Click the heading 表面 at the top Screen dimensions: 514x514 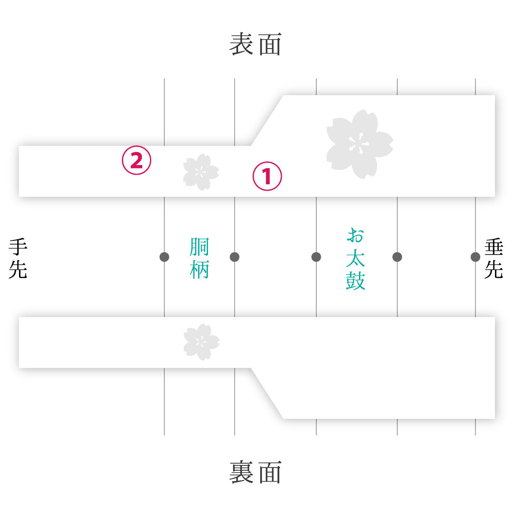tap(255, 44)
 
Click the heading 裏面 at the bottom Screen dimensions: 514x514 tap(255, 472)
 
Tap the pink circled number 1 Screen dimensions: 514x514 tap(267, 176)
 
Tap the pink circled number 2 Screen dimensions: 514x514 tap(137, 160)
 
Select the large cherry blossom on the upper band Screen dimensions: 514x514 tap(359, 144)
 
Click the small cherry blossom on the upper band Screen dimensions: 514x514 tap(201, 172)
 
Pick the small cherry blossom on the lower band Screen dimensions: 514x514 tap(201, 342)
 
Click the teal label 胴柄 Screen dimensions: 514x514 tap(199, 258)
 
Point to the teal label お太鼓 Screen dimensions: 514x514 tap(356, 258)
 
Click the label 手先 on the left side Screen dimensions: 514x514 tap(18, 258)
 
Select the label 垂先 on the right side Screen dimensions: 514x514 tap(494, 258)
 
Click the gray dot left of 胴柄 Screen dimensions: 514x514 tap(164, 257)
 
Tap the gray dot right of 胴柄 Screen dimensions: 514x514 tap(235, 257)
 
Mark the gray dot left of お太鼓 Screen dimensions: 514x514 tap(316, 257)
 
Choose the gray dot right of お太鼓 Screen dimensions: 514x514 tap(397, 257)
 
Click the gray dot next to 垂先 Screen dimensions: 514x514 tap(475, 257)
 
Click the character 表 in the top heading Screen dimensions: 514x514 tap(241, 44)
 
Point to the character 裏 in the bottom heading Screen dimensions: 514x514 tap(241, 472)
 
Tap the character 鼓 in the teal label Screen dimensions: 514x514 tap(356, 281)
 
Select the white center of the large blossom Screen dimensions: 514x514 tap(359, 144)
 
